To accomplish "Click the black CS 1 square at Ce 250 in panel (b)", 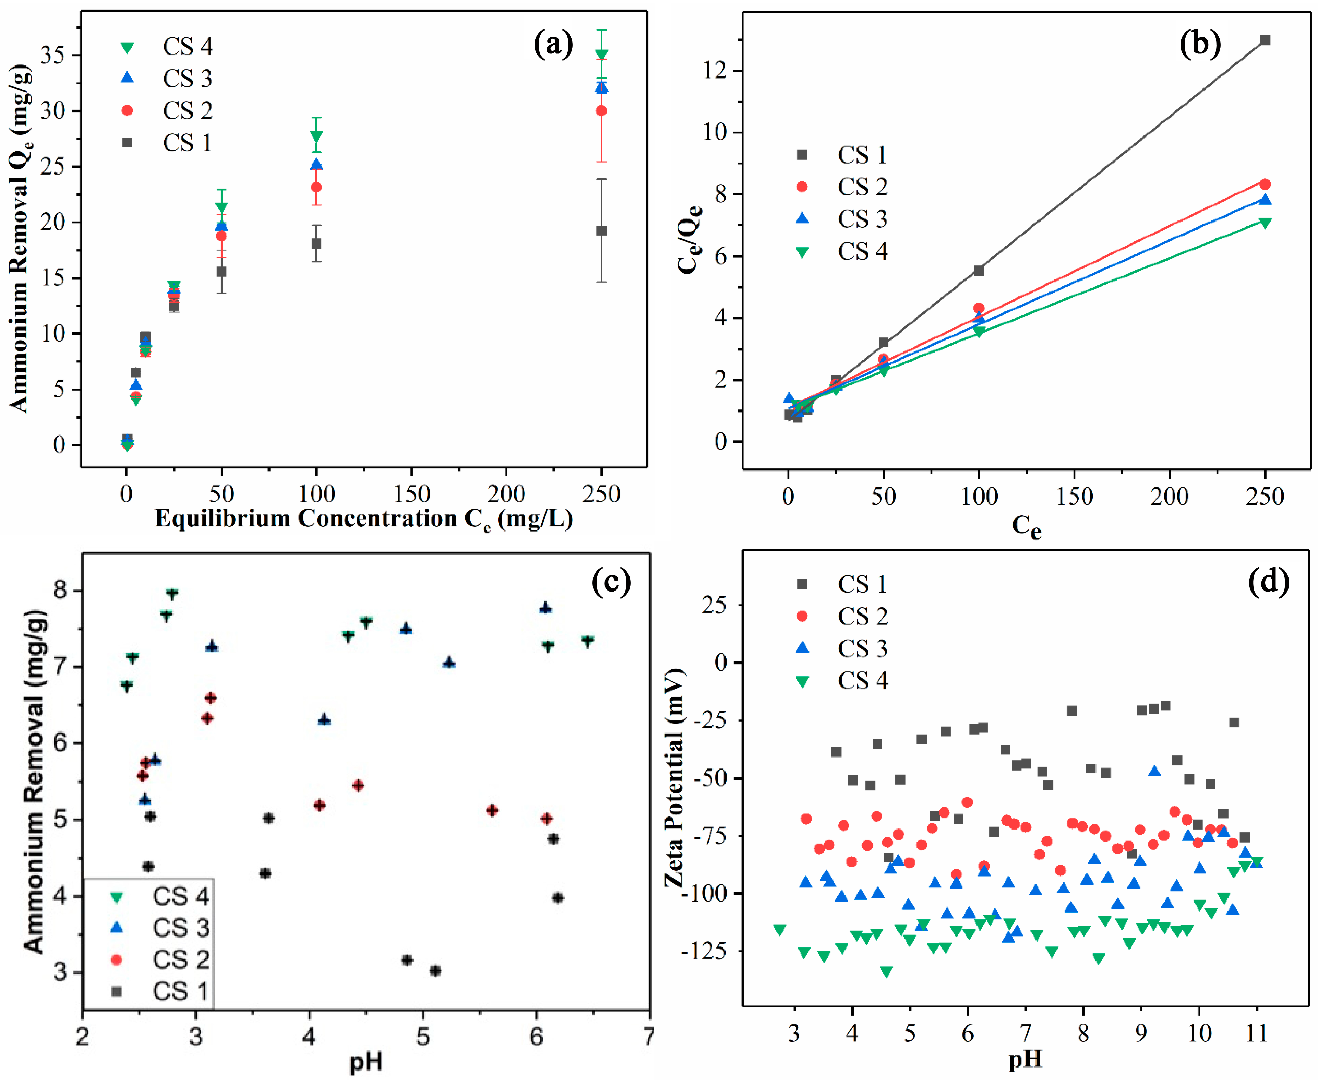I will coord(1265,40).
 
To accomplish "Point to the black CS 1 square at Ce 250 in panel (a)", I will coord(601,231).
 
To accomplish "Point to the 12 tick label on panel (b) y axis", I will coord(714,71).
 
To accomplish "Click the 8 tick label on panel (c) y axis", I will coord(61,590).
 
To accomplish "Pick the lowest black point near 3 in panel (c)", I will coord(435,970).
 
